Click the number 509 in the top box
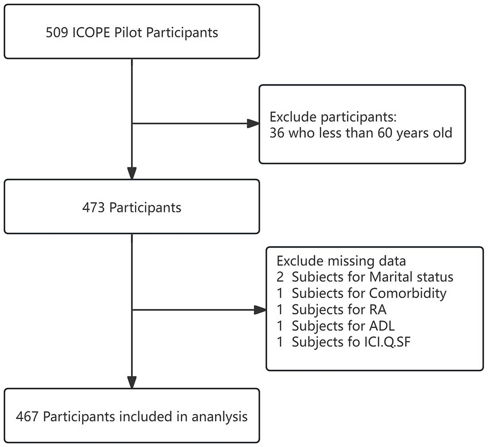pos(57,32)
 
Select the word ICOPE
pos(92,32)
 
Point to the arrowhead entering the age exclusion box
pos(253,124)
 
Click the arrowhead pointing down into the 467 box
pos(132,382)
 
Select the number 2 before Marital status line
pos(280,277)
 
